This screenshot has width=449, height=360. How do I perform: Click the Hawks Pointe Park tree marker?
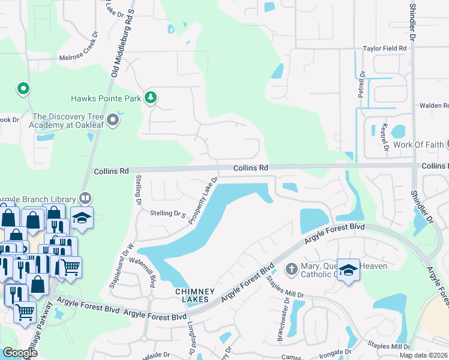click(x=151, y=97)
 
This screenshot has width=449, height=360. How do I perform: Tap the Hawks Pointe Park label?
click(x=106, y=98)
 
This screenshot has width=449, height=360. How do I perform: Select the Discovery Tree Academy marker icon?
click(x=113, y=121)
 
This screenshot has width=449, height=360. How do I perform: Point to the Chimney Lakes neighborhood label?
click(x=191, y=295)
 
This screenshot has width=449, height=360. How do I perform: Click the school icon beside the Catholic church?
click(x=348, y=269)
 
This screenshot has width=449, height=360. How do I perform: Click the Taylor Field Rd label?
click(x=385, y=49)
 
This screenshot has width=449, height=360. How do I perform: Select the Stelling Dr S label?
click(x=168, y=213)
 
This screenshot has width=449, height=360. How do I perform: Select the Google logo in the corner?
click(x=20, y=353)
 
